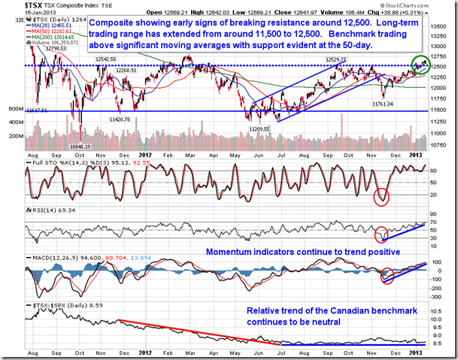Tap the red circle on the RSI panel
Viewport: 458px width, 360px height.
coord(383,233)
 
